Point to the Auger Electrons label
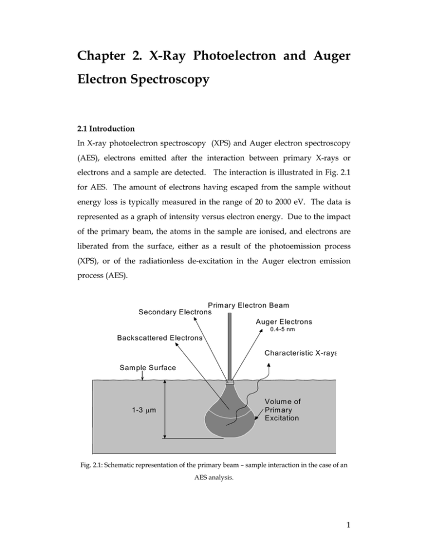pos(284,322)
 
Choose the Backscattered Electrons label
pos(160,338)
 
